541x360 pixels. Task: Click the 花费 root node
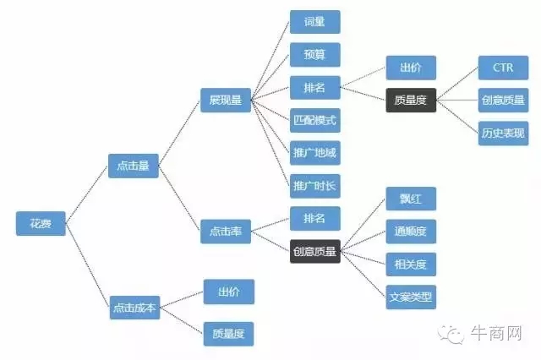click(41, 223)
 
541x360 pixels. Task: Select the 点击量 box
click(133, 166)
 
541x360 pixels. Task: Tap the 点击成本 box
click(134, 308)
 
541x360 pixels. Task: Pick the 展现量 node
click(225, 101)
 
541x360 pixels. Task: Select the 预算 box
click(314, 55)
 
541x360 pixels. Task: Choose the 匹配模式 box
click(314, 120)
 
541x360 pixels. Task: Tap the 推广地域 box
click(314, 153)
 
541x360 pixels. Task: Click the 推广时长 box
click(314, 185)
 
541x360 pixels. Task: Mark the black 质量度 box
click(411, 100)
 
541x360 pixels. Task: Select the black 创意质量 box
click(314, 250)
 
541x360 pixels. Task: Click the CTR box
click(503, 68)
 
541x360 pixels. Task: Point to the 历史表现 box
click(503, 133)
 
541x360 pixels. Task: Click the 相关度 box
click(411, 265)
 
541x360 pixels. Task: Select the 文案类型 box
click(411, 297)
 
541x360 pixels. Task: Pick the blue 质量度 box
click(228, 333)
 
